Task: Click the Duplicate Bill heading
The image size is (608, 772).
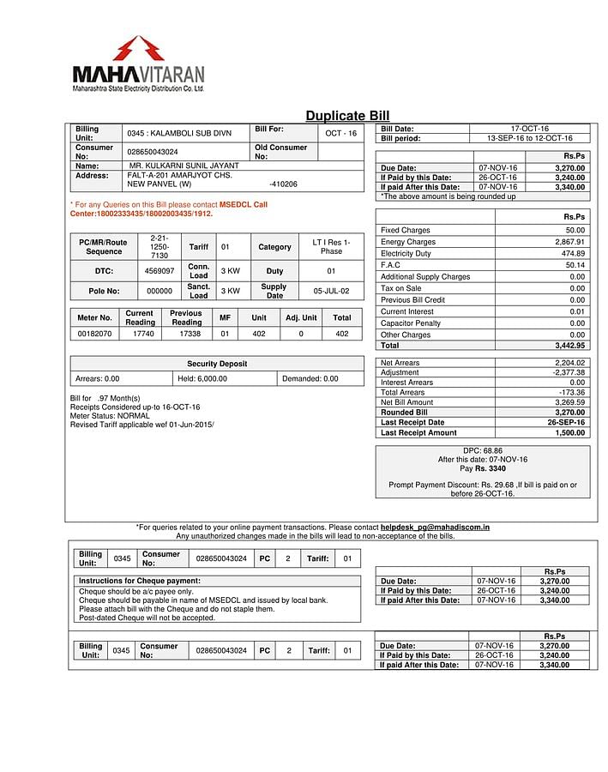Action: (347, 116)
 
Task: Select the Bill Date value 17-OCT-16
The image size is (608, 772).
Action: (530, 129)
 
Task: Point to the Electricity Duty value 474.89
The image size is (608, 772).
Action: (571, 254)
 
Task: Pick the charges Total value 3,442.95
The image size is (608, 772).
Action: (569, 346)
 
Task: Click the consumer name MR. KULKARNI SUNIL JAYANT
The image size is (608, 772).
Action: (184, 166)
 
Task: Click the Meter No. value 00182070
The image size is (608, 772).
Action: (94, 334)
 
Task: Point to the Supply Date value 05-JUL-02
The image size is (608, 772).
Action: (331, 291)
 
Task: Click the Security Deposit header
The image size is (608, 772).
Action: (217, 364)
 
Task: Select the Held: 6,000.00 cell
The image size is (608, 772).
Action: (202, 378)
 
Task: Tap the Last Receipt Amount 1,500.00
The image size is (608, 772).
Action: (569, 433)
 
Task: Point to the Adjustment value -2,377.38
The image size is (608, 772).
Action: (569, 372)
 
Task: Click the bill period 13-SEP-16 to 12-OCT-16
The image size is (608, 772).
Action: (530, 138)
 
